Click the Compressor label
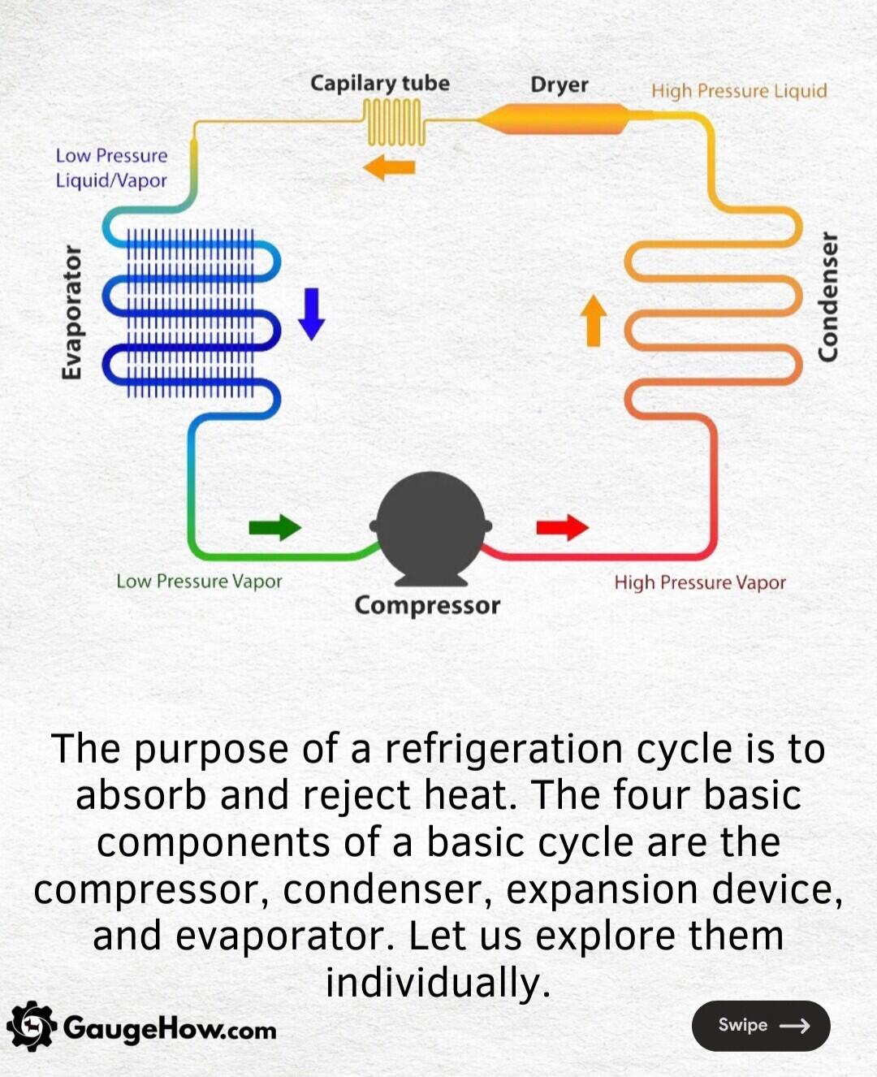[427, 606]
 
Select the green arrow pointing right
[274, 527]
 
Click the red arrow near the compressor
[562, 527]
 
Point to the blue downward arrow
[311, 314]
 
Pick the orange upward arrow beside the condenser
[594, 320]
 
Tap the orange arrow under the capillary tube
[389, 168]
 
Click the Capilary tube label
[379, 83]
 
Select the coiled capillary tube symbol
[394, 122]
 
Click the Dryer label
[559, 84]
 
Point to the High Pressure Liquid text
[738, 90]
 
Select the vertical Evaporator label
[71, 312]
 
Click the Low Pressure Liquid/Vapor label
[111, 167]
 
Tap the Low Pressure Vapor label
[199, 582]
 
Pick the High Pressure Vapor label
[699, 582]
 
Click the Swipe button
[760, 1026]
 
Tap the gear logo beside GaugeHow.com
[31, 1027]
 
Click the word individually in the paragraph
[438, 982]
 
